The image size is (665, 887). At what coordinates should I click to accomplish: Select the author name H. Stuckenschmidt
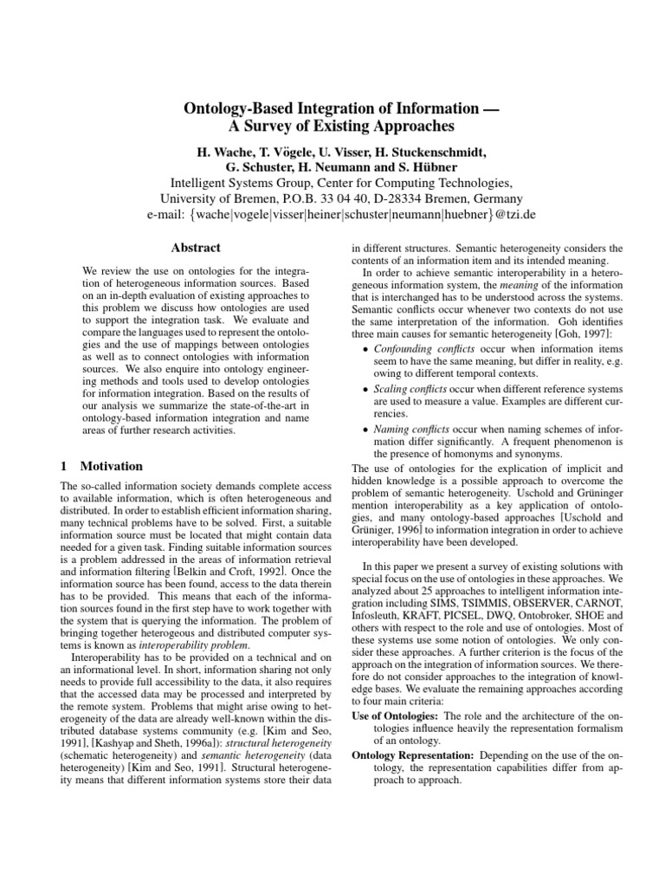point(429,152)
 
